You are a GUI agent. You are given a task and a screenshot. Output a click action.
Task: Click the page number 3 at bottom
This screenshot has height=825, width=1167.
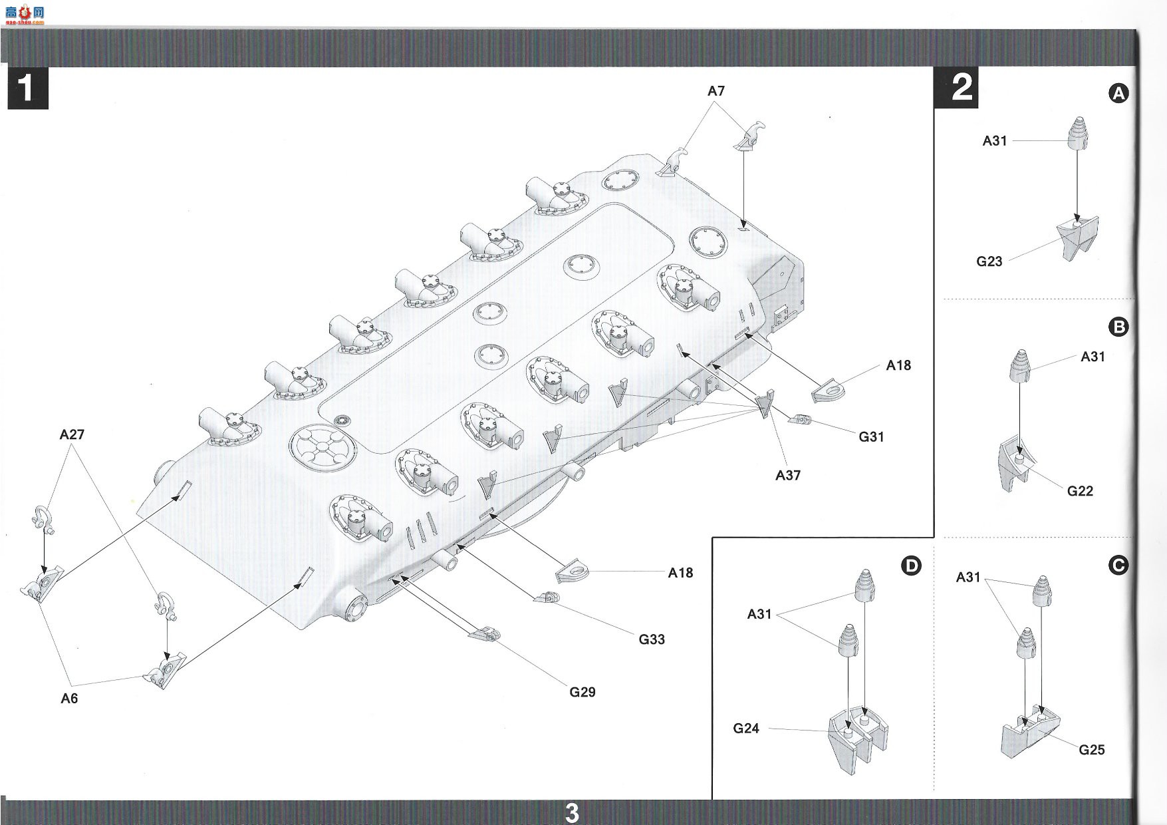(x=572, y=813)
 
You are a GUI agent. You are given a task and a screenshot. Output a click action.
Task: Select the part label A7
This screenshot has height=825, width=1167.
(x=715, y=91)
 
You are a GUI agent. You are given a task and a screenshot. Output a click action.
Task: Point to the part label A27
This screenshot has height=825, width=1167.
(x=72, y=434)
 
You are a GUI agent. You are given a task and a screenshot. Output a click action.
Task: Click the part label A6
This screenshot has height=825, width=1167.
(x=69, y=698)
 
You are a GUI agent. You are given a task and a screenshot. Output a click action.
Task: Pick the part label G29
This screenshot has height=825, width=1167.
(x=583, y=692)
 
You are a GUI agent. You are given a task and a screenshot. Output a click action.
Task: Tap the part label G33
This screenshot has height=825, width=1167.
(x=652, y=639)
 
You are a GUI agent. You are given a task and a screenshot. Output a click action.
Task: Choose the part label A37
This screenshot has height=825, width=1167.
(x=788, y=475)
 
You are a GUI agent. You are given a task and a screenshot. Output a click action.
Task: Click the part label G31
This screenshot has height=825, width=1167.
(x=871, y=436)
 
